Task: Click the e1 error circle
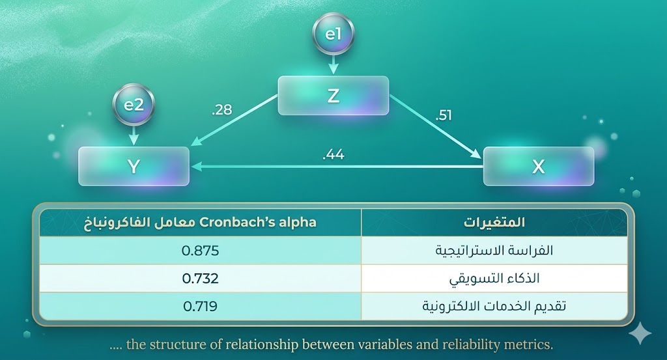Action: point(333,35)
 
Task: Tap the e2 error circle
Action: point(134,104)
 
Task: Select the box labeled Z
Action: point(333,96)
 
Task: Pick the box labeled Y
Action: point(134,166)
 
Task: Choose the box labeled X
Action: point(538,166)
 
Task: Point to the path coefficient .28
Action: point(222,109)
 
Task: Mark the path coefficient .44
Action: point(333,156)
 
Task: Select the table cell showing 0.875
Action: point(200,251)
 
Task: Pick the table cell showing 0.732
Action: point(200,278)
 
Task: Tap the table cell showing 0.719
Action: point(200,305)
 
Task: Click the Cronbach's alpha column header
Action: point(200,223)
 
